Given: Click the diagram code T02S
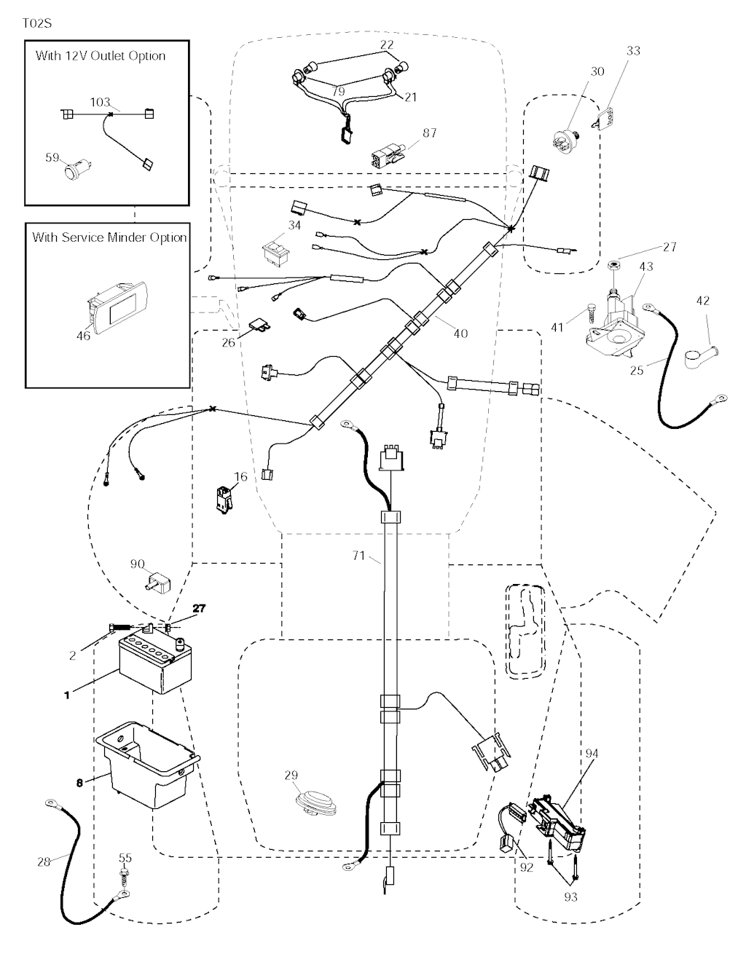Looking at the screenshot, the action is [37, 23].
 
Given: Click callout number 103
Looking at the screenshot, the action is [100, 102].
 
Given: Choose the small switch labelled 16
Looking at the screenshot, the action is [224, 500].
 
